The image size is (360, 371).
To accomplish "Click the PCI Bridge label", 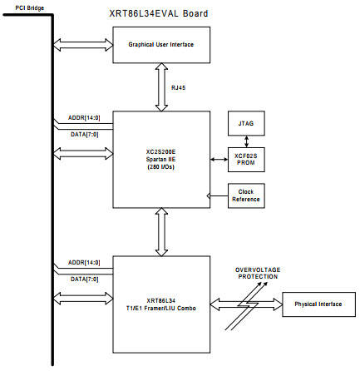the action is point(29,8).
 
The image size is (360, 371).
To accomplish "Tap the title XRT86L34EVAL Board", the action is point(159,13).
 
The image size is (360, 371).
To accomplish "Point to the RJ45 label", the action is point(178,88).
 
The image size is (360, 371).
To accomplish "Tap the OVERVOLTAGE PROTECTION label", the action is point(258,273).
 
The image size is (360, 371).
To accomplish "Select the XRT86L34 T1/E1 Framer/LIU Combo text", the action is point(161,304).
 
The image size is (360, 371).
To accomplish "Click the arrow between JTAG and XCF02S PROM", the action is point(246,141).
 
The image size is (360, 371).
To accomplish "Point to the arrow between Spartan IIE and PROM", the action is point(219,160).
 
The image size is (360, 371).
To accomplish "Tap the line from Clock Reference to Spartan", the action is point(218,196).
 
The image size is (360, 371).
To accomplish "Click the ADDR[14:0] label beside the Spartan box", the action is point(84,118).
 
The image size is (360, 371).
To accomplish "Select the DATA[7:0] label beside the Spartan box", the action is point(85,135).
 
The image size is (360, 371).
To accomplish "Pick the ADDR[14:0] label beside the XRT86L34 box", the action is point(84,262).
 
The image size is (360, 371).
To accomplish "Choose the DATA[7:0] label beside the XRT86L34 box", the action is point(85,279).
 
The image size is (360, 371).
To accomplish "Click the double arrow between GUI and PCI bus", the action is point(83,45).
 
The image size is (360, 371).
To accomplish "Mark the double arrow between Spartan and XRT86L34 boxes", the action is point(161,232).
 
